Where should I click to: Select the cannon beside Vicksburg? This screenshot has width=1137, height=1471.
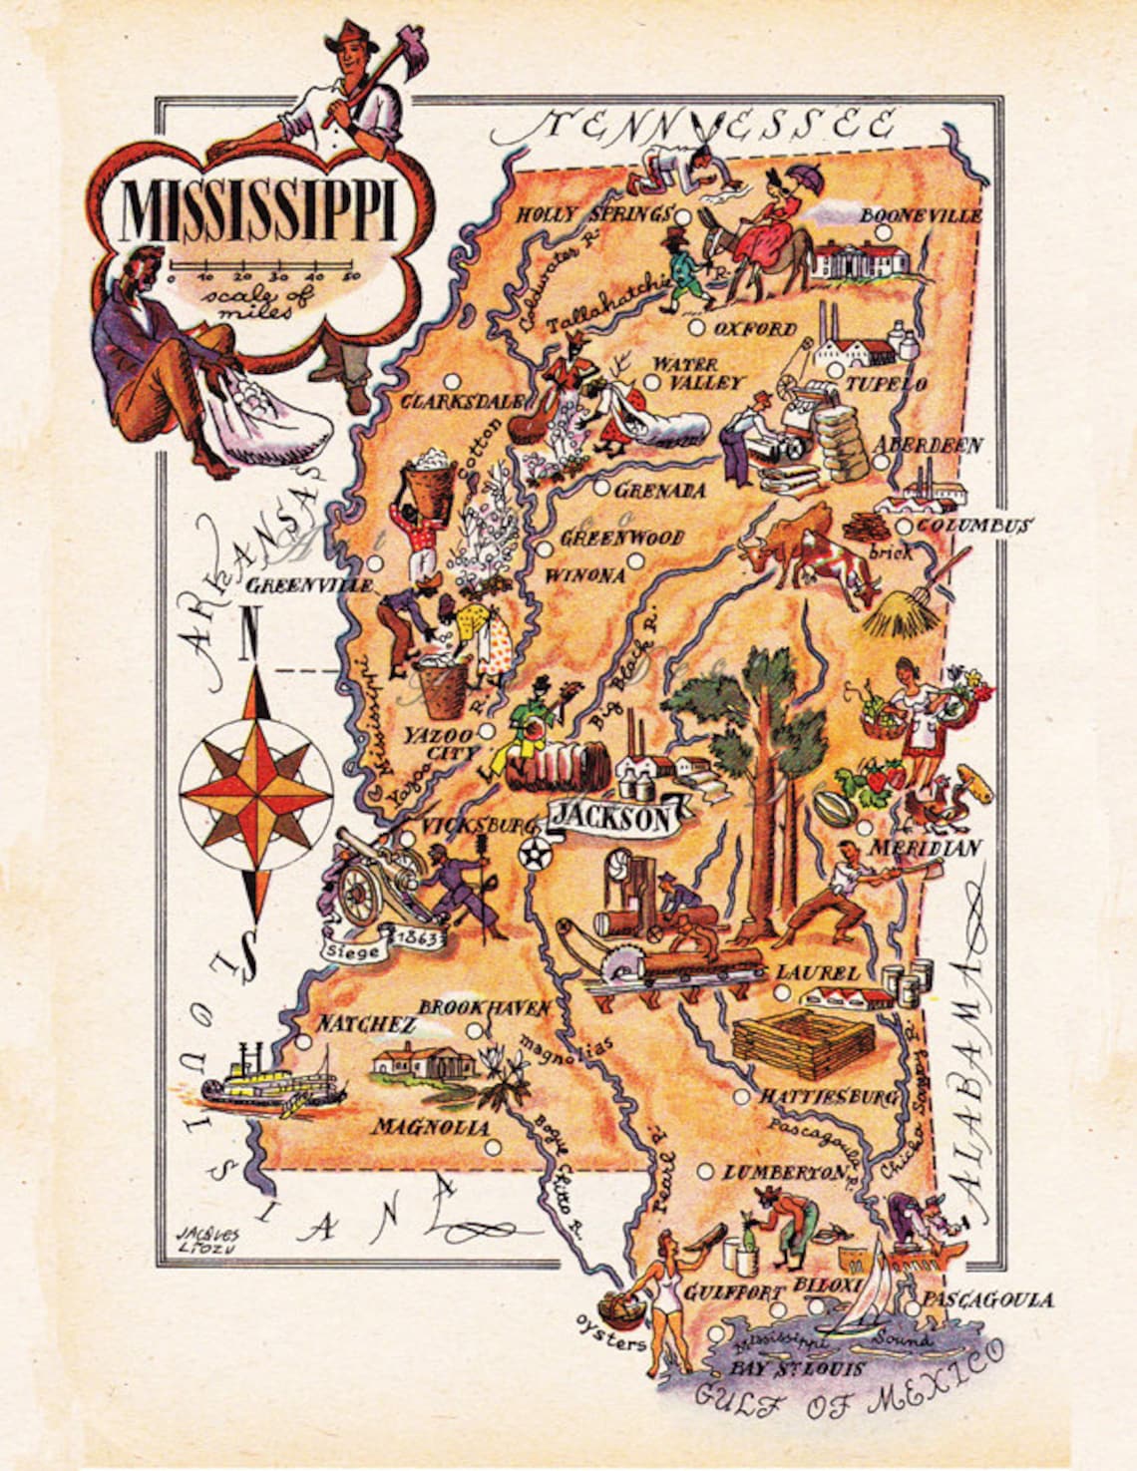(369, 878)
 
